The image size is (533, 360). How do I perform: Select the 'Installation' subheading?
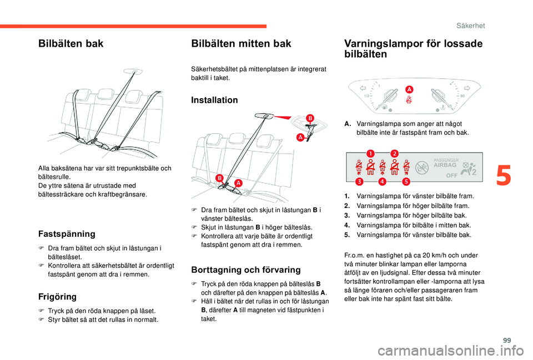tap(214, 100)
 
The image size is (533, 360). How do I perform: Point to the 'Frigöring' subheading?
tap(58, 297)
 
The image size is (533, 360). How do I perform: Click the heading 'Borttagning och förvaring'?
tap(245, 270)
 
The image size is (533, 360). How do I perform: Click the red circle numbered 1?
tap(370, 153)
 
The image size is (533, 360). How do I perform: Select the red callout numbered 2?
tap(395, 153)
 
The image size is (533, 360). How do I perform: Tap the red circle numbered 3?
tap(359, 181)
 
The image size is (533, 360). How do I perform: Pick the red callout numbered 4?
tap(383, 181)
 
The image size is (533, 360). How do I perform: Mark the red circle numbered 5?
tap(406, 181)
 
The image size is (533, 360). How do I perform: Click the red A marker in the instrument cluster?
tap(409, 89)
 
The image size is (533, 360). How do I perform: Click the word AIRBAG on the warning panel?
tap(445, 165)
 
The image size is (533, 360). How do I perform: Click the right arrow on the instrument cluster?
tap(467, 88)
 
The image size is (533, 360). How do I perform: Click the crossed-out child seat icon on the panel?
tap(423, 166)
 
